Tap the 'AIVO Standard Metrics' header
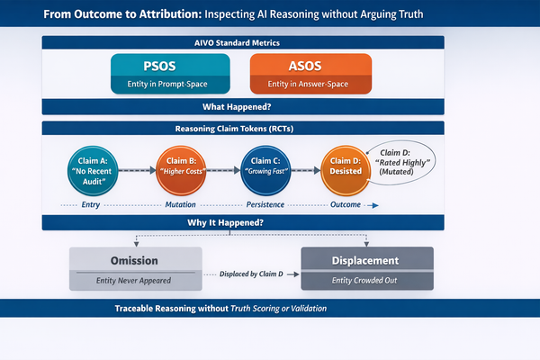tap(243, 42)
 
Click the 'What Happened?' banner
tap(243, 106)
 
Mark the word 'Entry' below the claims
tap(91, 205)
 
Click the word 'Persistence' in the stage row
tap(267, 205)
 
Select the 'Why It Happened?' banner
tap(243, 222)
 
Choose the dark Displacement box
tap(366, 268)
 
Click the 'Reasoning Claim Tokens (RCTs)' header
tap(243, 129)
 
